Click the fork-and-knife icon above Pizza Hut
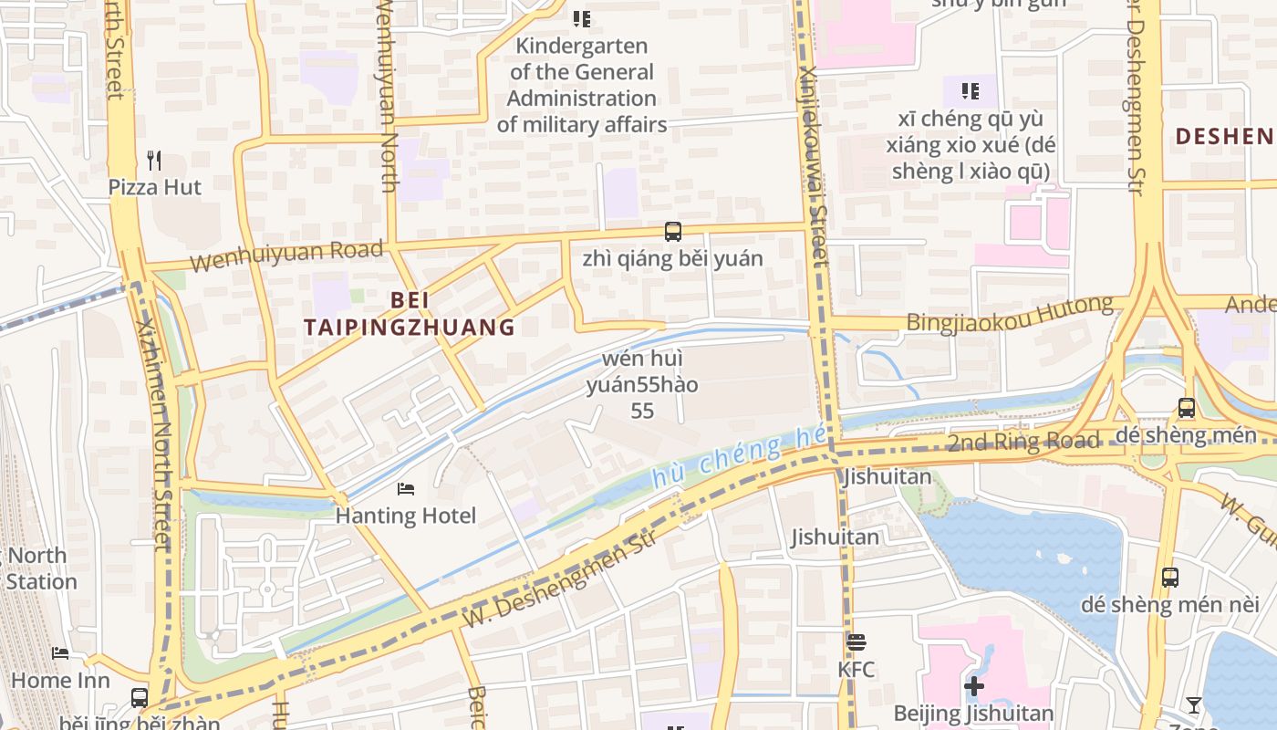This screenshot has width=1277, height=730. (x=154, y=162)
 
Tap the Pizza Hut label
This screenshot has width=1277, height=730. (x=155, y=187)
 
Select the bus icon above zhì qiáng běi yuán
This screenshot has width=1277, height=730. (x=673, y=232)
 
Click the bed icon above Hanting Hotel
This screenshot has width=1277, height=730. (x=406, y=490)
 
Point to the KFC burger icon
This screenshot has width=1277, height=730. (x=855, y=642)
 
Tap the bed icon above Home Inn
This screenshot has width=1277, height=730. (x=60, y=653)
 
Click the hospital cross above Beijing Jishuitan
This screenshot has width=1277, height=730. (x=974, y=686)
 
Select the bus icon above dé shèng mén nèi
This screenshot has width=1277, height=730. (x=1170, y=577)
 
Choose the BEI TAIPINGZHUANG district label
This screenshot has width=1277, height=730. (x=410, y=313)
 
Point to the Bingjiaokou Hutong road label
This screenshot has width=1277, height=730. (x=1010, y=313)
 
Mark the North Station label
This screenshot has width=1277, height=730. (x=38, y=568)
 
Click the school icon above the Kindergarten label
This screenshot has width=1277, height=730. (x=581, y=18)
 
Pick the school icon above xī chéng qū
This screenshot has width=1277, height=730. (x=970, y=91)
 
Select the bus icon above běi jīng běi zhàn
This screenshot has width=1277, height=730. (x=140, y=698)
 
